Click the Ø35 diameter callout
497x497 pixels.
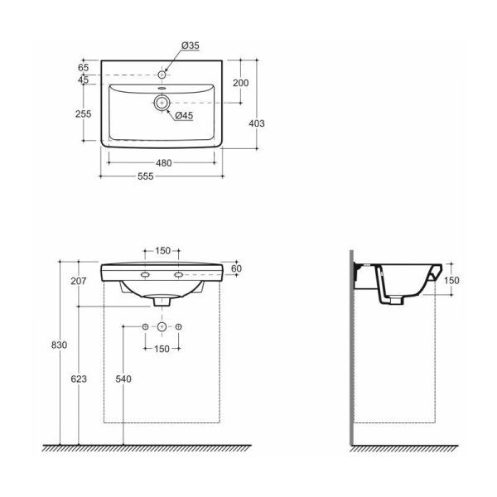coord(191,46)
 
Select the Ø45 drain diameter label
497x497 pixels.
coord(184,116)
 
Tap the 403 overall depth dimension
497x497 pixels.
coord(257,123)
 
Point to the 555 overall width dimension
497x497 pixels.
coord(146,176)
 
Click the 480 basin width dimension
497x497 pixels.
coord(163,163)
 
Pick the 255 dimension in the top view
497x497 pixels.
coord(83,113)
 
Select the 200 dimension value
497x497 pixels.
coord(240,83)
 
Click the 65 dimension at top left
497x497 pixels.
coord(83,68)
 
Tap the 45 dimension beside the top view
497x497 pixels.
coord(83,80)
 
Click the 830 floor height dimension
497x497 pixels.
coord(60,345)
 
